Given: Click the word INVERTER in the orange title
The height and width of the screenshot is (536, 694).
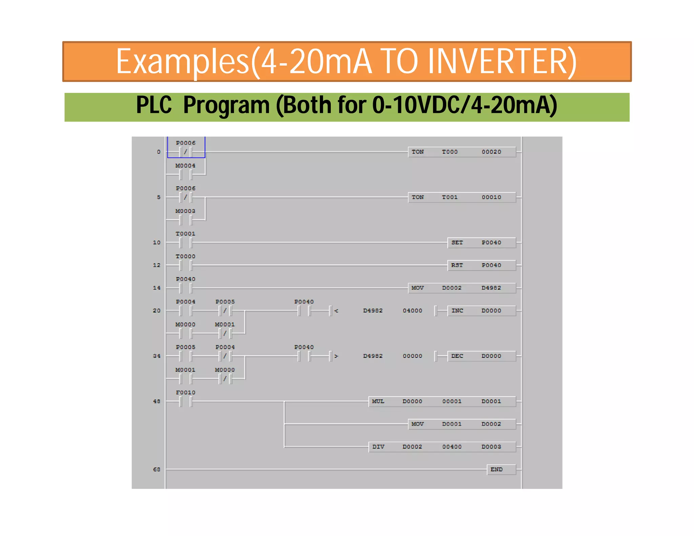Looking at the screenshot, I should point(502,62).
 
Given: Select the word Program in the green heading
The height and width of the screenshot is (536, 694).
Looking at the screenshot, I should point(226,105).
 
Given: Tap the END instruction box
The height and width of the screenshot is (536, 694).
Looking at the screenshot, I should point(501,469).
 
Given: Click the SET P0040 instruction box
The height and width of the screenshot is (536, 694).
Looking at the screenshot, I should point(482,243).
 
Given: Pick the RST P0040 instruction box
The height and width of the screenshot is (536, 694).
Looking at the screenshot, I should point(482,265).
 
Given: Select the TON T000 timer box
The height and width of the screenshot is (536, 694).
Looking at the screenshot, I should point(462,152).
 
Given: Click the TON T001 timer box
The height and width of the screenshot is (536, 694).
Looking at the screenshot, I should point(462,197).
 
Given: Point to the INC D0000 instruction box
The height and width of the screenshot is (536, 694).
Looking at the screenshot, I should point(482,311).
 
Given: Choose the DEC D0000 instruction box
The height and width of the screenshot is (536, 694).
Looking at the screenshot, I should point(482,356).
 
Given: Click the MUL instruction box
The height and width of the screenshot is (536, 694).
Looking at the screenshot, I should point(442,401).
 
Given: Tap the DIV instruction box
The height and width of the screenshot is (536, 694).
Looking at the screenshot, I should point(442,447).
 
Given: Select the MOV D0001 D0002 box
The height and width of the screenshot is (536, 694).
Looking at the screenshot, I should point(462,424).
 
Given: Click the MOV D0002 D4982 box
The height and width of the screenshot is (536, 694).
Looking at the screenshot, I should point(462,288).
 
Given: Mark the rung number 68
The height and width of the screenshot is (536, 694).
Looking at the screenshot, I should point(157,470).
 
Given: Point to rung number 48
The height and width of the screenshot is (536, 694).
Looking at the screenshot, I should point(157,401).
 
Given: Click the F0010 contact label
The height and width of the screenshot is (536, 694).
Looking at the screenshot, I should point(185,393).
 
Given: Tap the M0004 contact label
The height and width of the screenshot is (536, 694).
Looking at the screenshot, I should point(185,166).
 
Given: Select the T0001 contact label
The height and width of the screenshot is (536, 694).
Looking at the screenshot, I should point(185,234).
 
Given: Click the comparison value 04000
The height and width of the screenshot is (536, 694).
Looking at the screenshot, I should point(412,311).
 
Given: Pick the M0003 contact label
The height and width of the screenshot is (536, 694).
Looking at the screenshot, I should point(185,211).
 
